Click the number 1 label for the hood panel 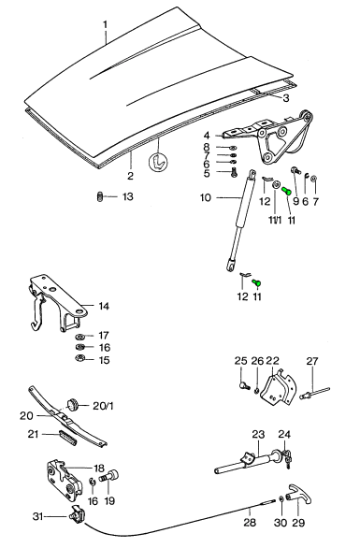106,25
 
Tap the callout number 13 127,196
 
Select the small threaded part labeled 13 99,196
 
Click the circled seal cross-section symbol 158,162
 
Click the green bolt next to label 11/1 286,191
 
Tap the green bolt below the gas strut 257,281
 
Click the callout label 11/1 275,221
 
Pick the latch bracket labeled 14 58,302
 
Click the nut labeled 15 79,358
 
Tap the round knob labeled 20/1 73,405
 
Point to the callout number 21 34,435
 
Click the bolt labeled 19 109,476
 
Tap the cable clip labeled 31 79,515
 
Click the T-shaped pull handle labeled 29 298,496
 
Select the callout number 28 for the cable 250,522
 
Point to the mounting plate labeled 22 280,389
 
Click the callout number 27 312,361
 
